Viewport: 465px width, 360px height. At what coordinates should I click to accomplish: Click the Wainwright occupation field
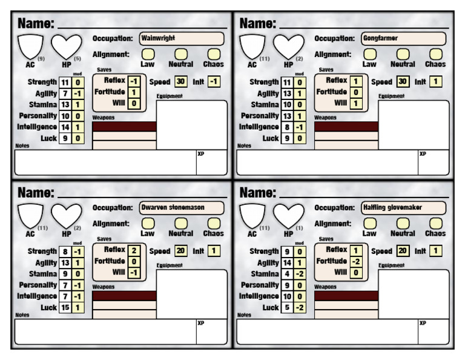point(182,39)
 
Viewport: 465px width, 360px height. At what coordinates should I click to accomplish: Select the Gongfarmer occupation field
point(404,39)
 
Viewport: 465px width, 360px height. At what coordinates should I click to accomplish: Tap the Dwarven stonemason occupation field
point(182,208)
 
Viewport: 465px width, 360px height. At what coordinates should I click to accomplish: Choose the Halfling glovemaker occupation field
point(404,208)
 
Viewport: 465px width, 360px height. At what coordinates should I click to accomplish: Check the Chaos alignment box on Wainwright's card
point(213,55)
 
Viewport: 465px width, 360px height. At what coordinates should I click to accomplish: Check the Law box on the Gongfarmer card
point(369,55)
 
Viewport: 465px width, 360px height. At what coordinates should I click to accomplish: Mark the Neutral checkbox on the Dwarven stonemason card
point(180,224)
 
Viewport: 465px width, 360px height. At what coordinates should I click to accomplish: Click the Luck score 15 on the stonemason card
point(65,307)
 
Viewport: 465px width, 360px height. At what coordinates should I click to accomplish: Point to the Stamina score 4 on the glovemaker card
point(287,273)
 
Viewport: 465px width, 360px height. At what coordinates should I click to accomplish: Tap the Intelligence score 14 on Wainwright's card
point(65,127)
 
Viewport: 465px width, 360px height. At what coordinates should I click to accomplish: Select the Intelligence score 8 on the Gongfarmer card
point(287,127)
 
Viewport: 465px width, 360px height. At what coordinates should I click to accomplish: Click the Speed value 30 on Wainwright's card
point(180,81)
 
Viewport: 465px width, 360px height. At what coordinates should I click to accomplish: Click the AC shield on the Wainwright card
point(30,46)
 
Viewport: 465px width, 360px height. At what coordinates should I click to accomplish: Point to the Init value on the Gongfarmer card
point(436,81)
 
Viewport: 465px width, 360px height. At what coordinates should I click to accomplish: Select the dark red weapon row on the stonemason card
point(124,295)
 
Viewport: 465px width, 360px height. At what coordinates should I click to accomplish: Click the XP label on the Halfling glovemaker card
point(422,323)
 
